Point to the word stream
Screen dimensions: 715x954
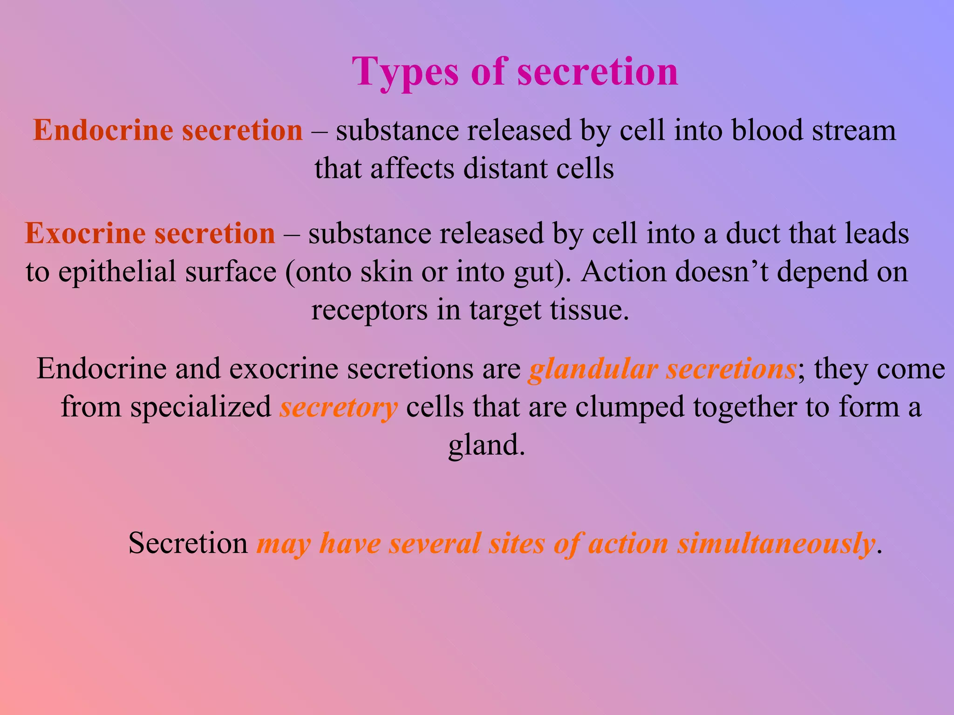pyautogui.click(x=854, y=131)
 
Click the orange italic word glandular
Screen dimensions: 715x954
pyautogui.click(x=593, y=370)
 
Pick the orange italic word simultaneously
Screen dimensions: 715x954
pyautogui.click(x=776, y=544)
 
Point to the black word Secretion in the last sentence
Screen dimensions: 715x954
pyautogui.click(x=188, y=543)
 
